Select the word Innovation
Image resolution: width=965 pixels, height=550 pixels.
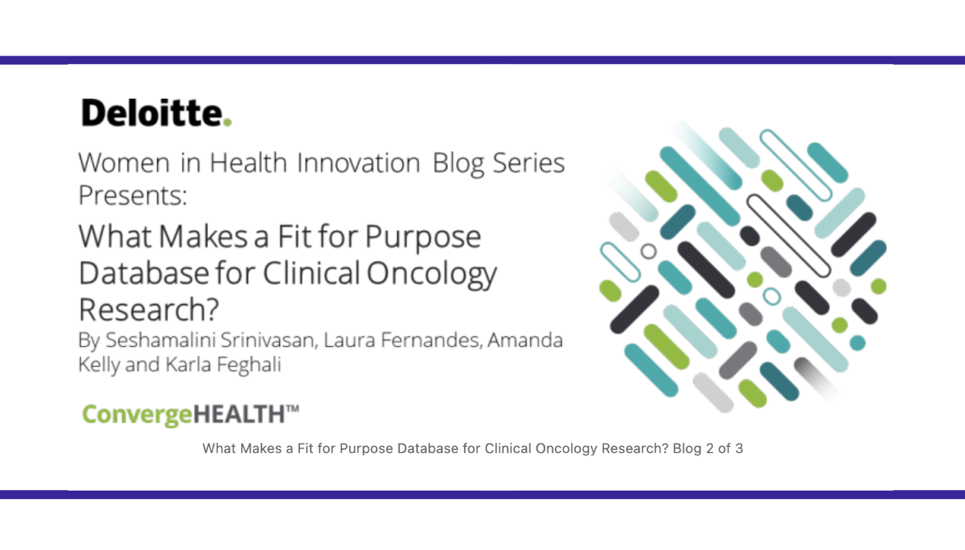[x=358, y=163]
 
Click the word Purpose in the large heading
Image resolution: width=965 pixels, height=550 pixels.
[x=422, y=236]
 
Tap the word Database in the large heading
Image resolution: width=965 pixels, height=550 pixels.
[x=143, y=273]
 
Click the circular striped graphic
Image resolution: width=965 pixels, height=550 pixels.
[x=744, y=266]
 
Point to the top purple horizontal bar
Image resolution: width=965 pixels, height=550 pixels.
[x=482, y=60]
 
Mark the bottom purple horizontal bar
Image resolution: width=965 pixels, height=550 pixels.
[x=482, y=495]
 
